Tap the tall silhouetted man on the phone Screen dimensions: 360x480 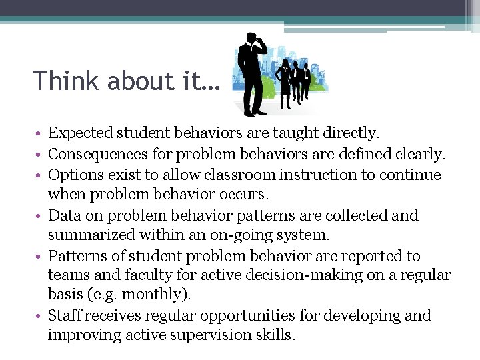click(253, 77)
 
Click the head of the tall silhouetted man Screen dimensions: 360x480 click(251, 39)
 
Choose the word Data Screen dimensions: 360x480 click(64, 215)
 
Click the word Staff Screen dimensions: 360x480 click(65, 315)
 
